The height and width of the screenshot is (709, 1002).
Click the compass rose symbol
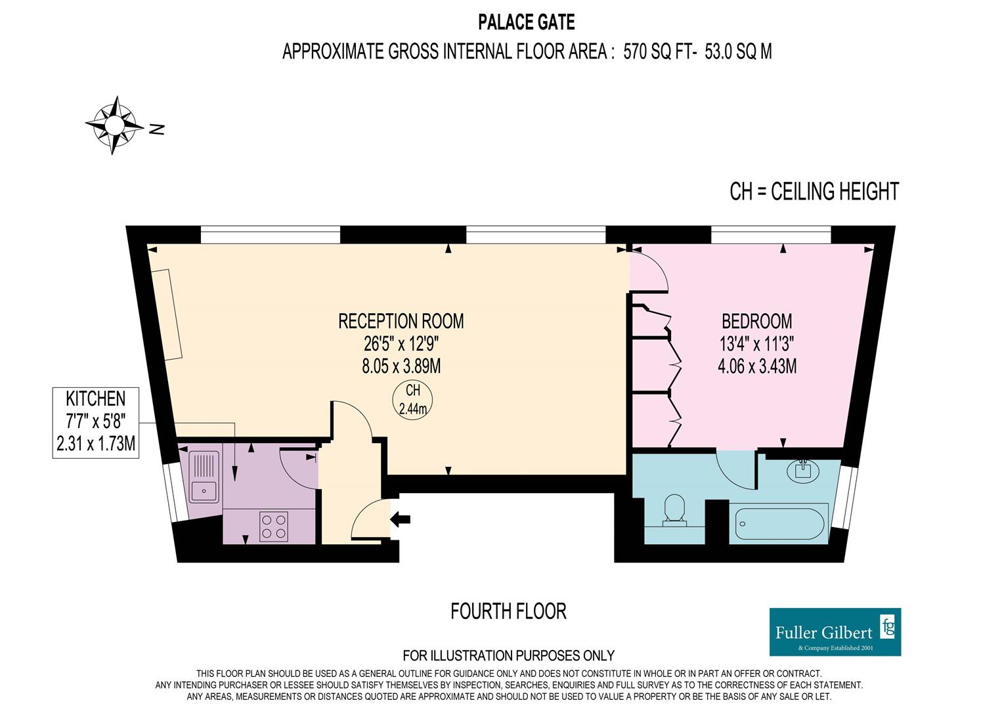click(115, 125)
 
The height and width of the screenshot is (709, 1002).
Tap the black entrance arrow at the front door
click(400, 519)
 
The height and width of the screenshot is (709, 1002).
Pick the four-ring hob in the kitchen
click(273, 526)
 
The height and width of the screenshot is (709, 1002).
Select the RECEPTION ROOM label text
click(401, 321)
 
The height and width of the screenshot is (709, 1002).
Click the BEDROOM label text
click(756, 321)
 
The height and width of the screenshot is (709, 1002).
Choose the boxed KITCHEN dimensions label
click(95, 421)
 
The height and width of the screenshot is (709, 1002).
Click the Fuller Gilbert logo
click(835, 632)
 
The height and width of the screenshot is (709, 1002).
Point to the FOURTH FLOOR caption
click(508, 612)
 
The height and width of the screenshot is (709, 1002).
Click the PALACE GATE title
click(526, 23)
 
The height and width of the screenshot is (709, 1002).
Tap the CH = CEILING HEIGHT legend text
click(814, 192)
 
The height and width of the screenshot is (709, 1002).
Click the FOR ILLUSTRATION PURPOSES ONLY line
click(508, 655)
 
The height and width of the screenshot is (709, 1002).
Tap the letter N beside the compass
click(156, 129)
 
